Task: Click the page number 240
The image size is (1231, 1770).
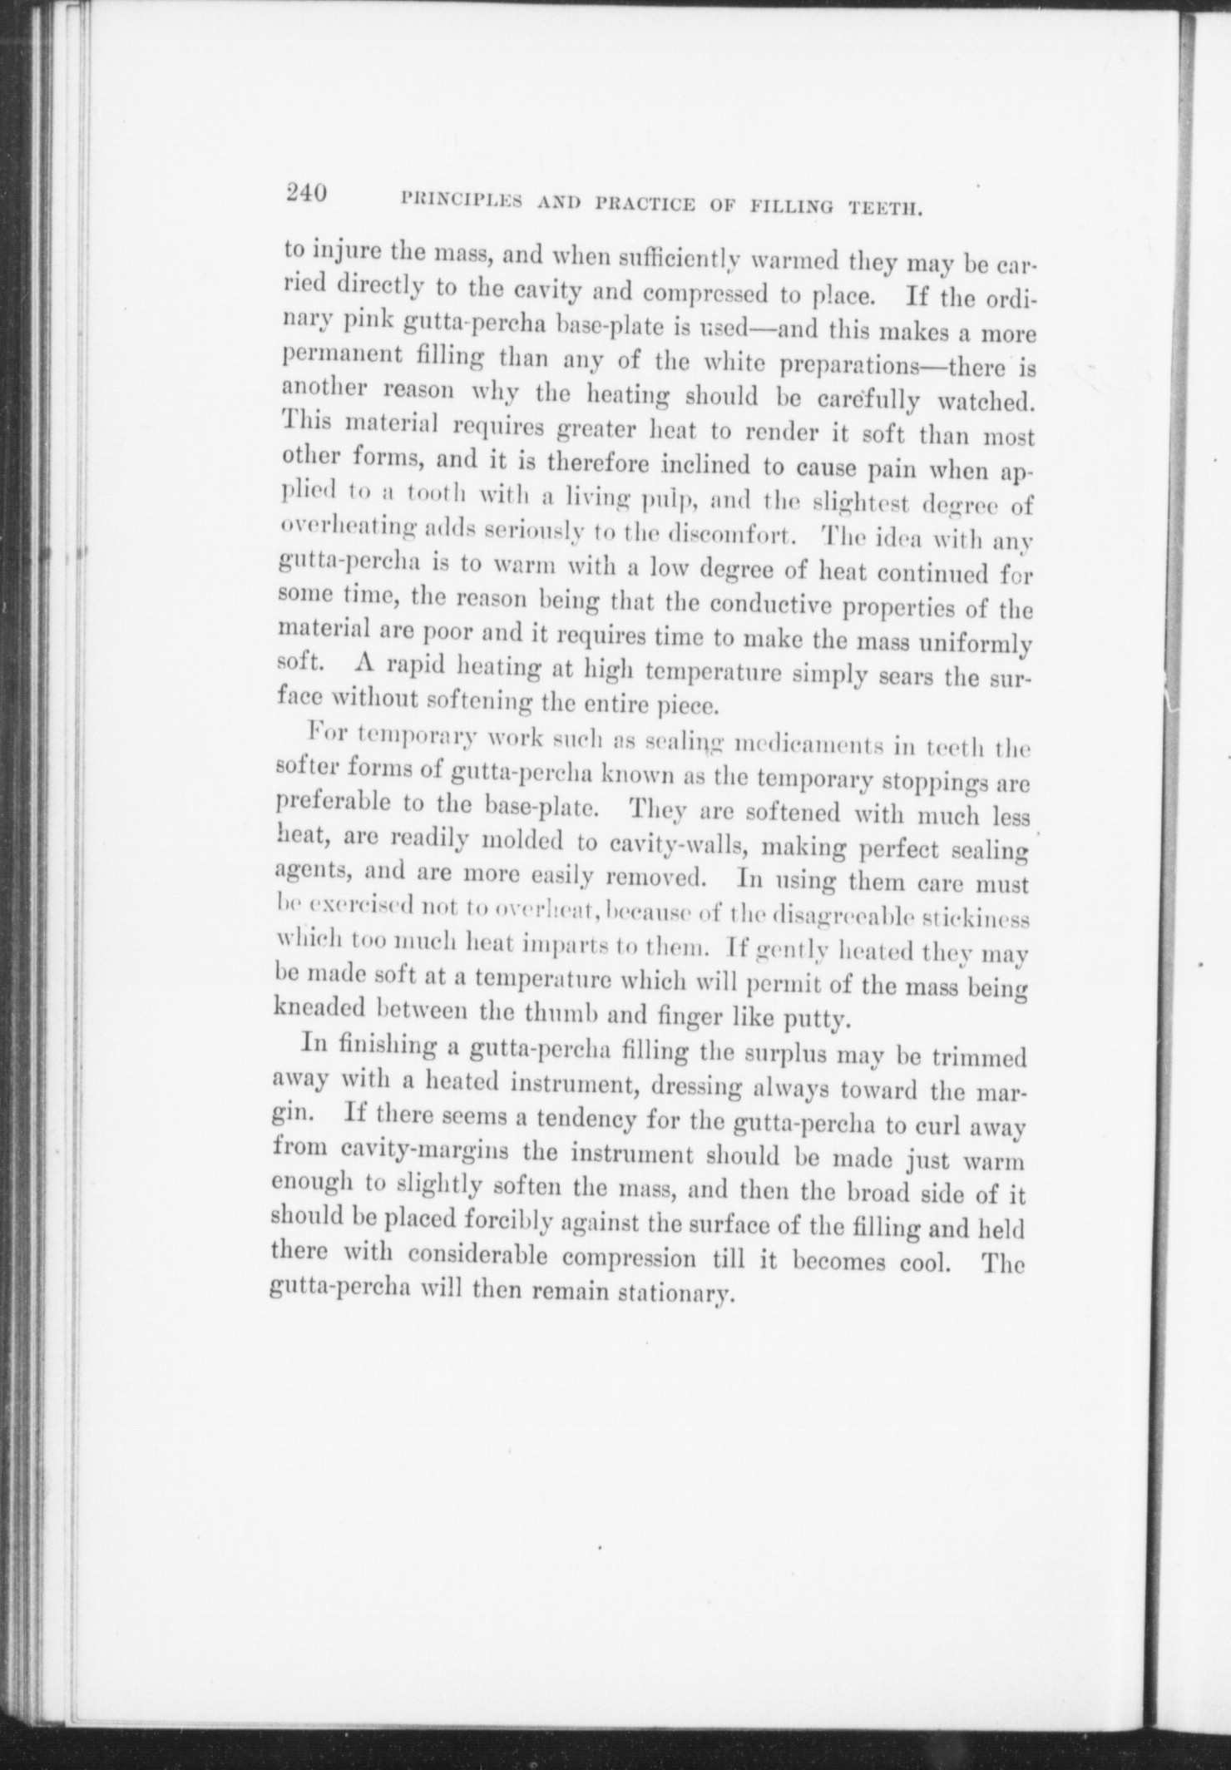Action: [304, 193]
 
